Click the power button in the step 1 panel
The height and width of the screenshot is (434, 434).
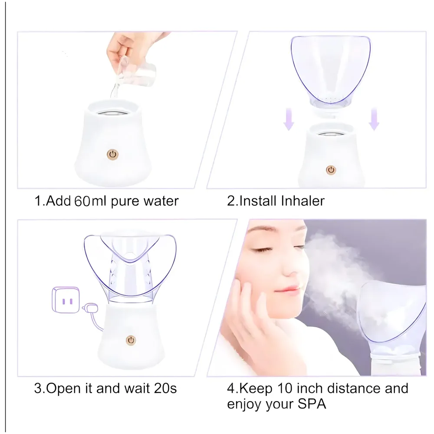(x=113, y=154)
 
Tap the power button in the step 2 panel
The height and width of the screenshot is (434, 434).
(x=331, y=170)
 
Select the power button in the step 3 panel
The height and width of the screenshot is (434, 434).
(x=130, y=339)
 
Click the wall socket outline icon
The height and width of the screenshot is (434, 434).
(x=64, y=299)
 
